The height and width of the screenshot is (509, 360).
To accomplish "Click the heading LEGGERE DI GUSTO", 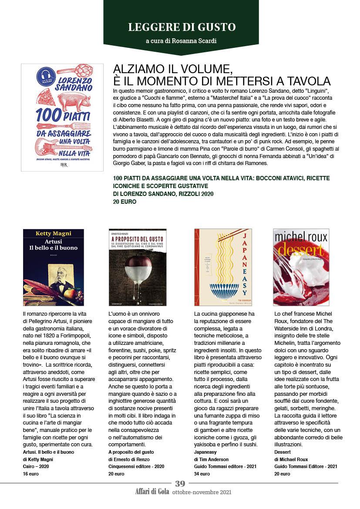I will pyautogui.click(x=182, y=27).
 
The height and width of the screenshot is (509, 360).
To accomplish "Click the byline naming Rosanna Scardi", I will pyautogui.click(x=181, y=41).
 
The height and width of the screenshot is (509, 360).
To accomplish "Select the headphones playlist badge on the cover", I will pyautogui.click(x=45, y=76).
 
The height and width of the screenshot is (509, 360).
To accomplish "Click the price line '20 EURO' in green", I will pyautogui.click(x=124, y=202).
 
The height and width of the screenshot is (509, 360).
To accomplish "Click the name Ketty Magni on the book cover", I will pyautogui.click(x=53, y=234).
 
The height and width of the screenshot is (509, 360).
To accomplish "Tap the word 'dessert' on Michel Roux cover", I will pyautogui.click(x=301, y=250).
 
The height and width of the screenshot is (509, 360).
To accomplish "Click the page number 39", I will pyautogui.click(x=180, y=483).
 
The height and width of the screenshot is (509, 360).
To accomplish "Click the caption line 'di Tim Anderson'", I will pyautogui.click(x=211, y=459).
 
